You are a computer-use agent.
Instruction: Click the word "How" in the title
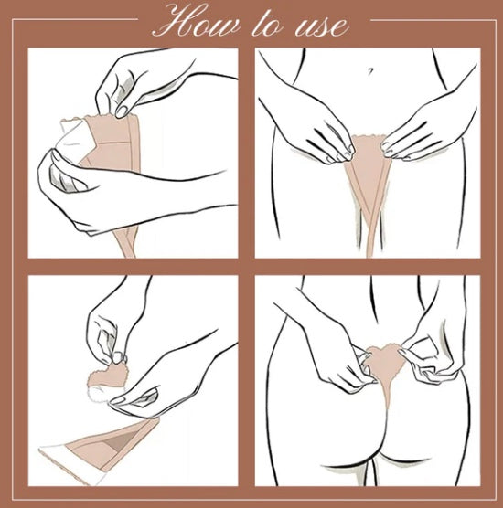tap(198, 22)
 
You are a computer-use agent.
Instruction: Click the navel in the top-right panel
tap(370, 70)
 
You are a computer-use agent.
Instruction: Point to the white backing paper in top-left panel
tap(74, 138)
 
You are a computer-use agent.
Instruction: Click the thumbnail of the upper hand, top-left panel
tap(122, 111)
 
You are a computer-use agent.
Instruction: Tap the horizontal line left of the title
tap(75, 19)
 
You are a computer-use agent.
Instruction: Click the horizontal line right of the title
tap(433, 20)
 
